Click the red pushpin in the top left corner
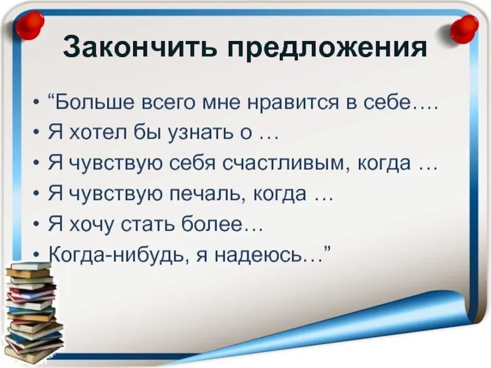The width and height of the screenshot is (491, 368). click(29, 25)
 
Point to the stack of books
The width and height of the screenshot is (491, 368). click(34, 313)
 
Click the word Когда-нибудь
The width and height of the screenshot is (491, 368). click(115, 255)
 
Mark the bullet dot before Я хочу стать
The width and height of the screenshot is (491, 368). click(38, 224)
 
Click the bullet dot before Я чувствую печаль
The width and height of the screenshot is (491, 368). click(38, 194)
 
